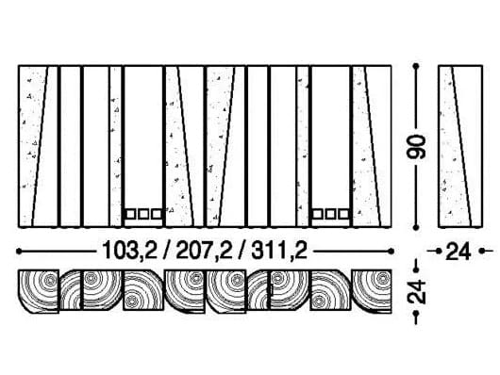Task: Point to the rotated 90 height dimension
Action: tap(417, 146)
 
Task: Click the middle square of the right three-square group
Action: tap(330, 214)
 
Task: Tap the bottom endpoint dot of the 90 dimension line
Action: tap(417, 226)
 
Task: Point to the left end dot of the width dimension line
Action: tap(21, 251)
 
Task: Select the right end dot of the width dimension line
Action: tap(390, 251)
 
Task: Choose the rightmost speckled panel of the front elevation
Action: tap(371, 146)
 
